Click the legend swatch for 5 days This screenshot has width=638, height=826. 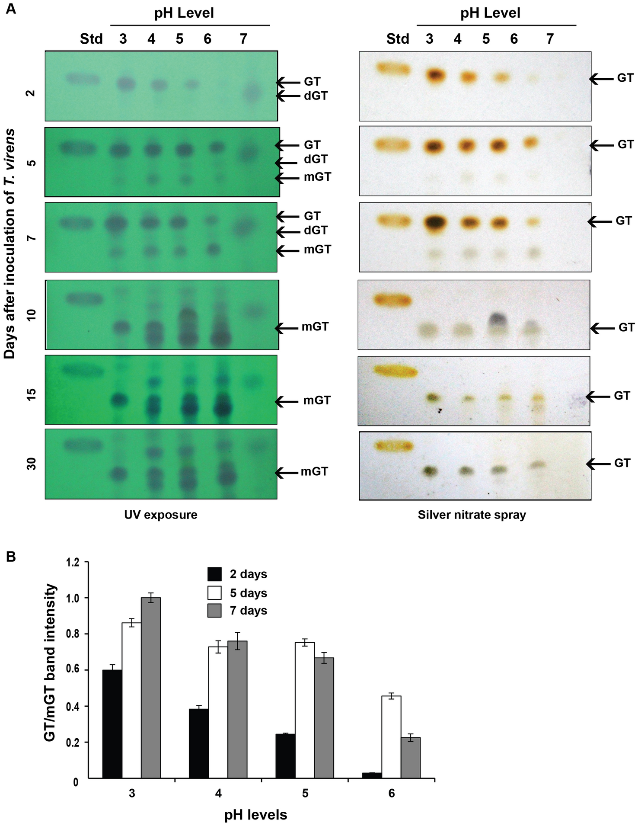214,592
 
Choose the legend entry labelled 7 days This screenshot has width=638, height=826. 248,611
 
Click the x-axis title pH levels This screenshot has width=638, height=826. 255,815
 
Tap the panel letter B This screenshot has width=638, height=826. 10,557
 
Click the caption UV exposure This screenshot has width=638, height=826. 160,515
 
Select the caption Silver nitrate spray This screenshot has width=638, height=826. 472,515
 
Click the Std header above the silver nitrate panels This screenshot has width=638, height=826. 397,39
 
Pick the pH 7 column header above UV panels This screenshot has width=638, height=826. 243,39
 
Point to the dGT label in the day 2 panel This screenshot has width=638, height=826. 316,96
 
